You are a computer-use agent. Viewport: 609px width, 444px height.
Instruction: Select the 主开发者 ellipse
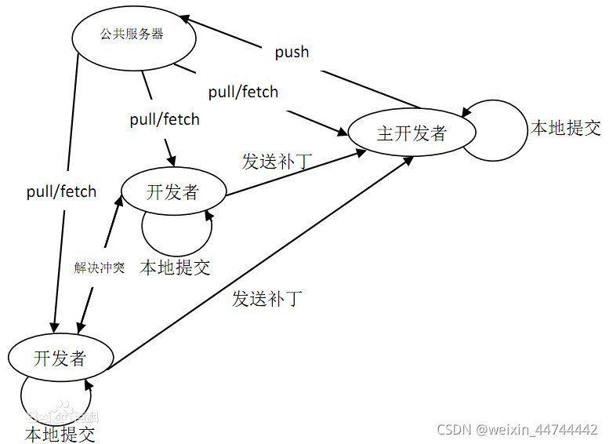[x=411, y=133]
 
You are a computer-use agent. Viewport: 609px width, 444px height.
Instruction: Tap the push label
[x=292, y=53]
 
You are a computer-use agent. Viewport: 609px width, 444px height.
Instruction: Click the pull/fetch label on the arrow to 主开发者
[x=243, y=92]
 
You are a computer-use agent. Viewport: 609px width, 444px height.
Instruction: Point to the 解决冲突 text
[x=100, y=267]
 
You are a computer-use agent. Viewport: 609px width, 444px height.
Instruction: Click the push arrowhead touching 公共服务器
[x=182, y=18]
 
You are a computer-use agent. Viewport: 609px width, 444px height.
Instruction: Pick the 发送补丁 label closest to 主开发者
[x=277, y=162]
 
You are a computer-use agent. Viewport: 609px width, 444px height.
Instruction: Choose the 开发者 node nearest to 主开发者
[x=172, y=191]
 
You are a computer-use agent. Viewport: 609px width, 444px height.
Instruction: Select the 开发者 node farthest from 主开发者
[x=60, y=358]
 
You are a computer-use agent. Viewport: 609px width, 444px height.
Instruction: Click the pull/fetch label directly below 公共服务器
[x=165, y=120]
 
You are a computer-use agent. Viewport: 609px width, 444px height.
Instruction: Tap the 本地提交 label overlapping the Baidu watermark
[x=60, y=432]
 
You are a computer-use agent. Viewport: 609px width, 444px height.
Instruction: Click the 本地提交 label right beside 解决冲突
[x=175, y=267]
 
